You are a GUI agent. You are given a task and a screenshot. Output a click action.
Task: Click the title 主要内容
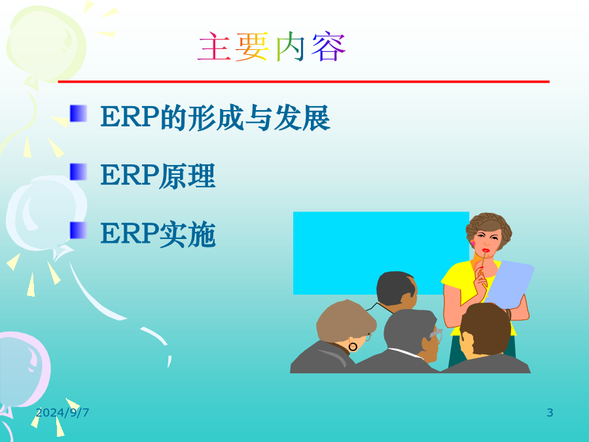pos(271,47)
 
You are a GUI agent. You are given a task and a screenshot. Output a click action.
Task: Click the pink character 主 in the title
pos(214,47)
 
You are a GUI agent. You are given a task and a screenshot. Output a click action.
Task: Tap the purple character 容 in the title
pos(329,47)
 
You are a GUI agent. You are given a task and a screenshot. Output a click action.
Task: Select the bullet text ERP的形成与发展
pos(215,118)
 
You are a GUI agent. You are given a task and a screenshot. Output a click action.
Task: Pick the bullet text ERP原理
pos(158,175)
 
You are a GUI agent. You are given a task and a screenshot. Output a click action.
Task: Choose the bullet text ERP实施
pos(158,234)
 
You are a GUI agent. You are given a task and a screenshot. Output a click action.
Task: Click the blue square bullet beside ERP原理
pos(78,172)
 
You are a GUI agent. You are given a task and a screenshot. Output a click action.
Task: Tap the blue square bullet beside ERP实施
pos(78,230)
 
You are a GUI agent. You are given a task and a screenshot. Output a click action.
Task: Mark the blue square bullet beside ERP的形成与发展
pos(78,113)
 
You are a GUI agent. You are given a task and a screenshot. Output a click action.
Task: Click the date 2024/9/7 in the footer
pos(62,413)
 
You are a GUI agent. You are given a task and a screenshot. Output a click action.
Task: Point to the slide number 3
pos(550,413)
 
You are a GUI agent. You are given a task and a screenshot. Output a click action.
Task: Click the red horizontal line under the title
pos(304,82)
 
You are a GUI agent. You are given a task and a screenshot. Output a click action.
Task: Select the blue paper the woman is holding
pos(510,282)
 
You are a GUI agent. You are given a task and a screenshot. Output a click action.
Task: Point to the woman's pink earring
pos(473,243)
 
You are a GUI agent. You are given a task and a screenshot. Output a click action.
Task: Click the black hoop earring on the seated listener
pos(353,346)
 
